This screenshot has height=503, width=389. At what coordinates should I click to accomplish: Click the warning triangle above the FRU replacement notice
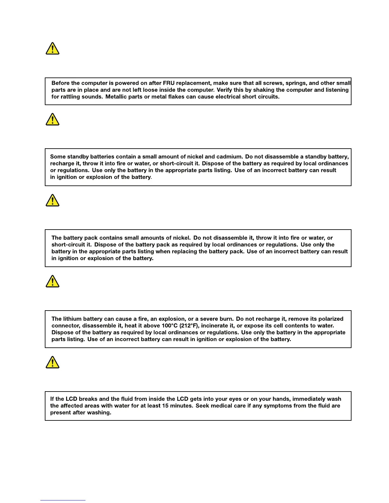click(x=52, y=49)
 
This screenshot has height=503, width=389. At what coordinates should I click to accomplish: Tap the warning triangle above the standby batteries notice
click(x=52, y=120)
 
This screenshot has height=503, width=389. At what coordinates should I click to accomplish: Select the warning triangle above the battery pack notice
click(x=52, y=201)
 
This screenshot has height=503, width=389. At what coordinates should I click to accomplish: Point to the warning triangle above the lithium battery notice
click(x=52, y=282)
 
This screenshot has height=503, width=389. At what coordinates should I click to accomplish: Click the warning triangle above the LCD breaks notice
click(x=52, y=362)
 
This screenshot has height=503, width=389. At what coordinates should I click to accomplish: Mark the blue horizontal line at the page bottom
click(x=63, y=500)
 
